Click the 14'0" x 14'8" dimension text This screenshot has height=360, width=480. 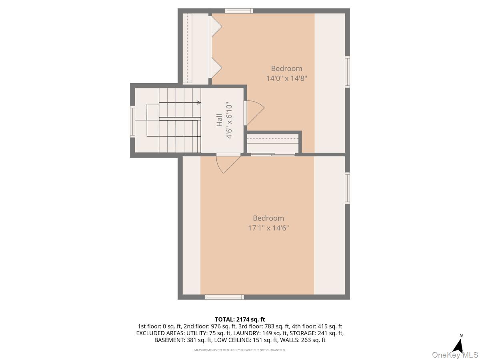[286, 78]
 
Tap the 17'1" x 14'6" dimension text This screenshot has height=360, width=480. [268, 228]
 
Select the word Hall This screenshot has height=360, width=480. [220, 120]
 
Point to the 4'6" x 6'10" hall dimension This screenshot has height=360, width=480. [229, 120]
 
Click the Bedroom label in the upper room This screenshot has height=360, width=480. [286, 68]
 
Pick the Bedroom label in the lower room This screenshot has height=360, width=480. [268, 218]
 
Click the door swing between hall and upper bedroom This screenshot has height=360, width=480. [254, 112]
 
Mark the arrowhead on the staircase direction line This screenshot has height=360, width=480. [199, 103]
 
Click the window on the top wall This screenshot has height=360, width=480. [238, 11]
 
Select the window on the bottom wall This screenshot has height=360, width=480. [224, 297]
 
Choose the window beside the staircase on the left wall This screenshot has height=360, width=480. [132, 122]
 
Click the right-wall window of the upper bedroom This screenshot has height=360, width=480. [347, 72]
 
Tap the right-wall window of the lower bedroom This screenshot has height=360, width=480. [347, 188]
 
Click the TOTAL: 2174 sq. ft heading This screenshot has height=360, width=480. [240, 319]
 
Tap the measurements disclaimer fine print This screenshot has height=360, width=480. [240, 350]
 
